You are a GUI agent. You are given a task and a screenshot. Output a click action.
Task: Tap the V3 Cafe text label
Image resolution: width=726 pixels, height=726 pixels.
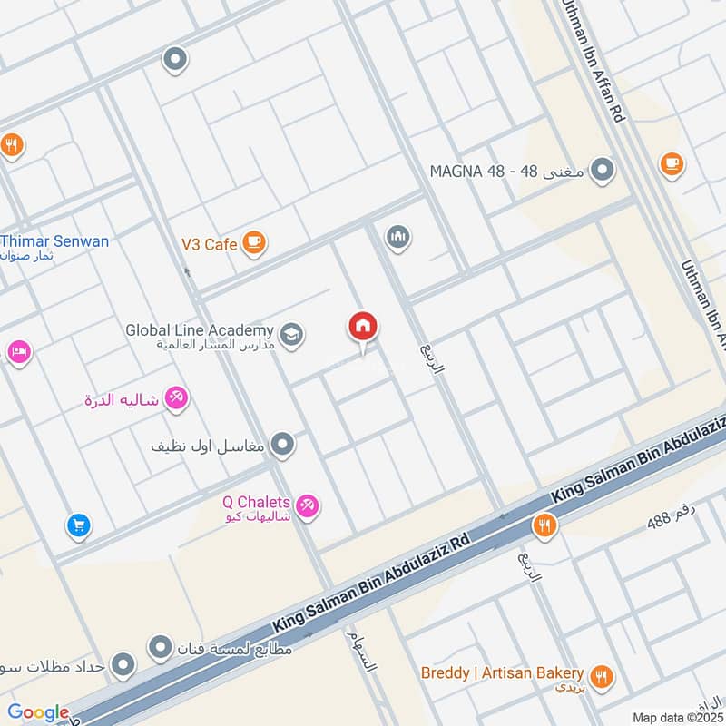pos(208,243)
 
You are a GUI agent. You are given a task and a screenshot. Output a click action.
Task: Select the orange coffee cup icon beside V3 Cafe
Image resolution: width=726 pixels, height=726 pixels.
pos(254,242)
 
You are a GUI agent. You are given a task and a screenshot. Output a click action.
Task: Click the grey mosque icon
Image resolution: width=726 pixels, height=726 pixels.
pos(397,238)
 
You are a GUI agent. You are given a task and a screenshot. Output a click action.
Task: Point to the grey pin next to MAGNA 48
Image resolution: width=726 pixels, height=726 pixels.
pos(601,170)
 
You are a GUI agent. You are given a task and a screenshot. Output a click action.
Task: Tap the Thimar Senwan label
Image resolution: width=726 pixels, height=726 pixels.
pos(54,241)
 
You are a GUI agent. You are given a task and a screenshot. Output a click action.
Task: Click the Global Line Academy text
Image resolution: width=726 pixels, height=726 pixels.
pos(200,330)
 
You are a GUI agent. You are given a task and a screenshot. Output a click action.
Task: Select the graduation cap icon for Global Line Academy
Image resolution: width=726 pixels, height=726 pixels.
pos(291,335)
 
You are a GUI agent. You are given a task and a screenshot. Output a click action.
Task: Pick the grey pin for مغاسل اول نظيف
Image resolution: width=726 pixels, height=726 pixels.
pos(284,445)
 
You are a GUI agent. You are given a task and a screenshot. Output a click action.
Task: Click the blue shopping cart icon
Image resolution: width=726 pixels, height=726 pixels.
pos(78,525)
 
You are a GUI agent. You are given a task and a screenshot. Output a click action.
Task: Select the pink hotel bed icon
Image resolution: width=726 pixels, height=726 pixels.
pos(18,351)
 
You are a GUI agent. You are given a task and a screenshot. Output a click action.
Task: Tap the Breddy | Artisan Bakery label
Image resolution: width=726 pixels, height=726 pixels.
pos(501,672)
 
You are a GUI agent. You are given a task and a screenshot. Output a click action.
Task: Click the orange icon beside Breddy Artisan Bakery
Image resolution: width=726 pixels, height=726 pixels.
pos(601,675)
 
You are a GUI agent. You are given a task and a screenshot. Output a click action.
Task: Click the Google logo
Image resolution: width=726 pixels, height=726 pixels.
pos(38,712)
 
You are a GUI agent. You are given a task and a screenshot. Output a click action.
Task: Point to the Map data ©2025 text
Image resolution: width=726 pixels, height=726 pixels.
pos(677,717)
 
